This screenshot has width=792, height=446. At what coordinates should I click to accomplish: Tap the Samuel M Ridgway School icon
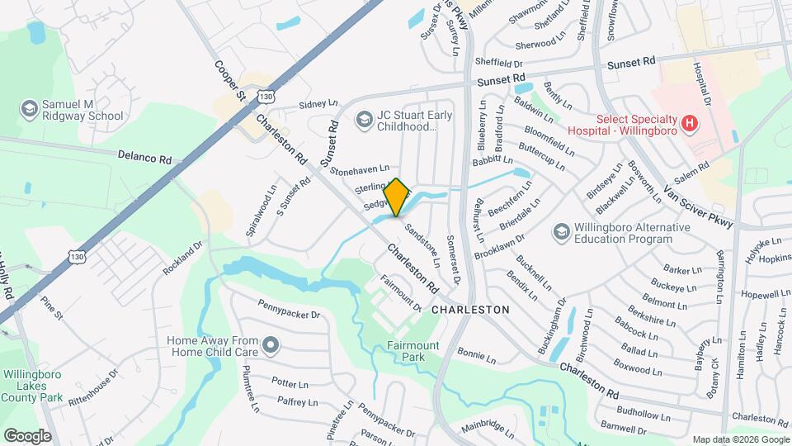point(29,109)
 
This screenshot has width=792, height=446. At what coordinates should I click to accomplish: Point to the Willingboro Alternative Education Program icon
point(561,230)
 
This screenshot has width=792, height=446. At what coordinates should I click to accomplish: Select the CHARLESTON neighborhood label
point(470,309)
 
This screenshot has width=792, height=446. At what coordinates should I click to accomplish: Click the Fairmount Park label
point(413,351)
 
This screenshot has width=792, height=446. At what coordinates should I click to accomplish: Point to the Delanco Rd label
point(144,156)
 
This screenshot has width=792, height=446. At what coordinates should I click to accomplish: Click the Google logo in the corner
point(27,435)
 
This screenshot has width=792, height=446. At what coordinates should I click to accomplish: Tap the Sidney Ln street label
point(318,104)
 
